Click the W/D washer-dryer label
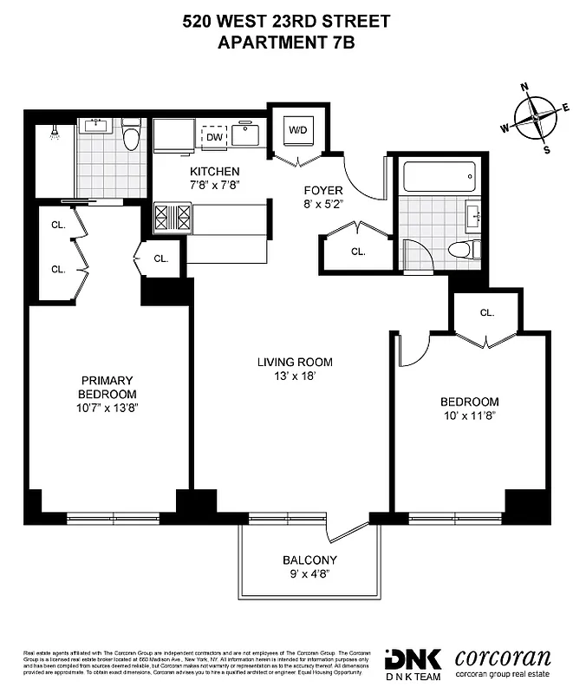pos(297,130)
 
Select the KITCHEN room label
pos(216,171)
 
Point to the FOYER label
pos(323,191)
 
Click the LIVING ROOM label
pos(295,362)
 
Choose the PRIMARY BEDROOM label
pos(107,387)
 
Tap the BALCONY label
pos(309,560)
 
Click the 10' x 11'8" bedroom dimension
pos(469,416)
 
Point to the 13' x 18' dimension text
pos(295,376)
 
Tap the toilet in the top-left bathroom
pos(130,136)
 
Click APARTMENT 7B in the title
pos(286,42)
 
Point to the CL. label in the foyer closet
pos(358,252)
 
